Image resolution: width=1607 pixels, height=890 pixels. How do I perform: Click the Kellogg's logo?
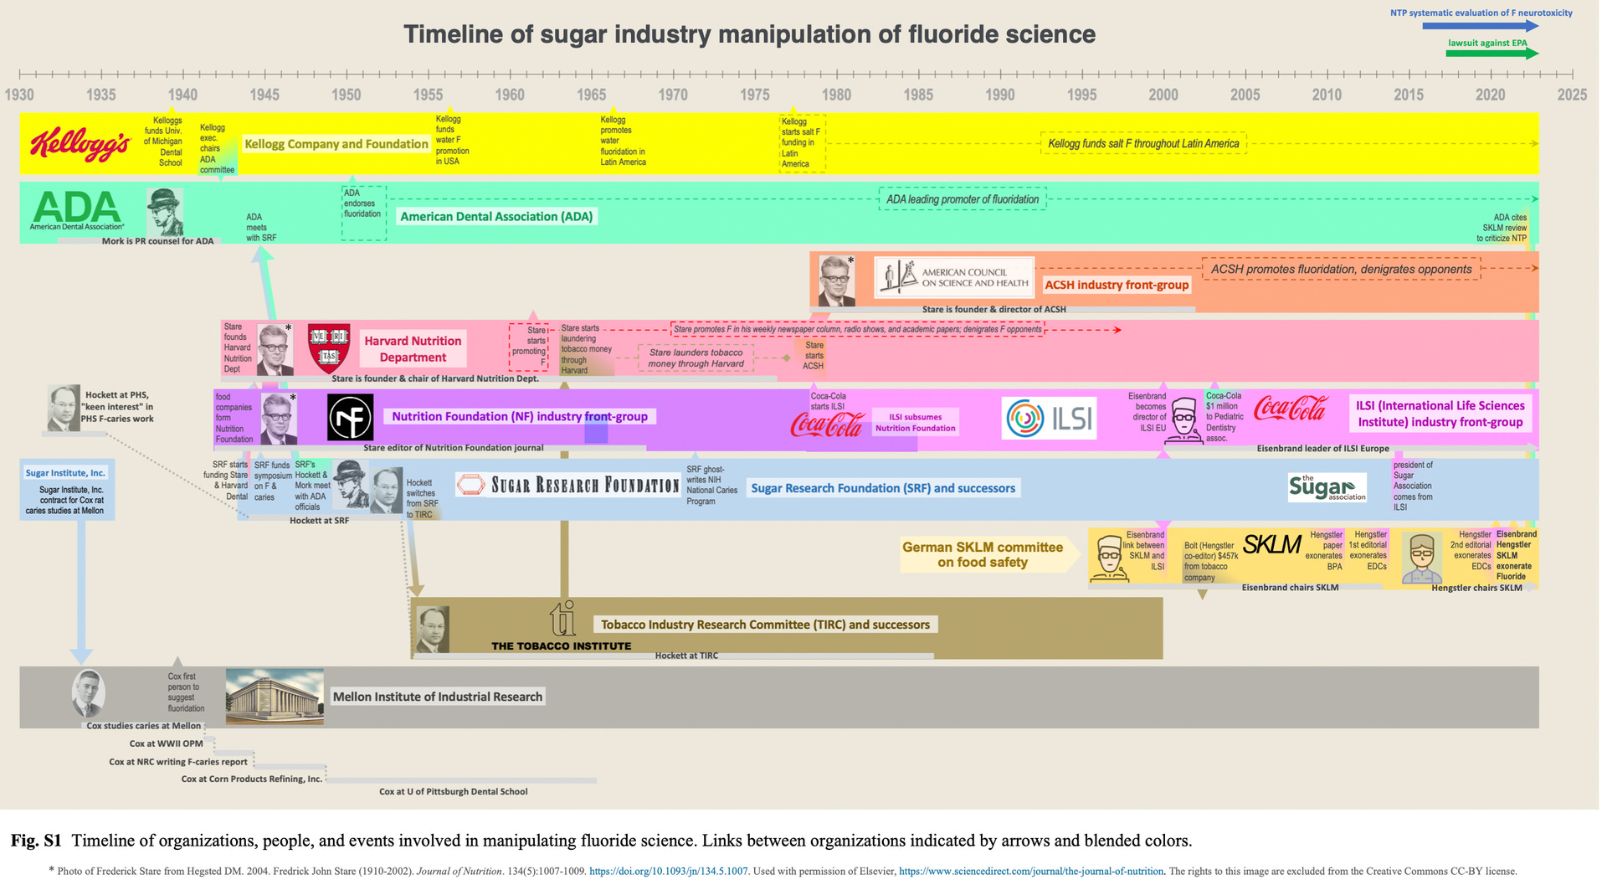pyautogui.click(x=80, y=144)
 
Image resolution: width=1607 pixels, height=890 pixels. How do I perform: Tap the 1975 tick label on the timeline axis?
pyautogui.click(x=754, y=95)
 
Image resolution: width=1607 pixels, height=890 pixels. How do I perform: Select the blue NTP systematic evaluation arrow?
pyautogui.click(x=1480, y=26)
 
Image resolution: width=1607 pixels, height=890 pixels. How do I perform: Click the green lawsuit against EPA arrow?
pyautogui.click(x=1491, y=54)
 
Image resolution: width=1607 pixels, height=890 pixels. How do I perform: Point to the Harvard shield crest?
pyautogui.click(x=329, y=347)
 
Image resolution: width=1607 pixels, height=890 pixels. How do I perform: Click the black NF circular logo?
pyautogui.click(x=350, y=417)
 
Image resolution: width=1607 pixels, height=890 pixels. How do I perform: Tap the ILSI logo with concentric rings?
pyautogui.click(x=1049, y=418)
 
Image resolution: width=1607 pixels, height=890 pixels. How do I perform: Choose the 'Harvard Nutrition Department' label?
pyautogui.click(x=413, y=349)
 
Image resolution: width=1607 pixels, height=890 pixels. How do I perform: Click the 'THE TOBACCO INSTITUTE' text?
pyautogui.click(x=561, y=646)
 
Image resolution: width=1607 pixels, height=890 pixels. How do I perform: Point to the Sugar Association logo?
pyautogui.click(x=1327, y=487)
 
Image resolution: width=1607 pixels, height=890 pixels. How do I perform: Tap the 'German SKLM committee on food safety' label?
pyautogui.click(x=983, y=554)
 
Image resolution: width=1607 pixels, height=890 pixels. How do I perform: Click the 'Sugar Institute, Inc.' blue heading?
pyautogui.click(x=65, y=473)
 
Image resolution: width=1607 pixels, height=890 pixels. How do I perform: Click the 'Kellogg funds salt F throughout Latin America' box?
pyautogui.click(x=1143, y=144)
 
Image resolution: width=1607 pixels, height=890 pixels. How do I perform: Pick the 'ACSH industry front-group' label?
pyautogui.click(x=1117, y=285)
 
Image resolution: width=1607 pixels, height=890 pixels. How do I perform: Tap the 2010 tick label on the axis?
pyautogui.click(x=1326, y=95)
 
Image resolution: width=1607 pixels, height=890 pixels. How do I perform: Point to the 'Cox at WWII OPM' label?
pyautogui.click(x=166, y=743)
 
